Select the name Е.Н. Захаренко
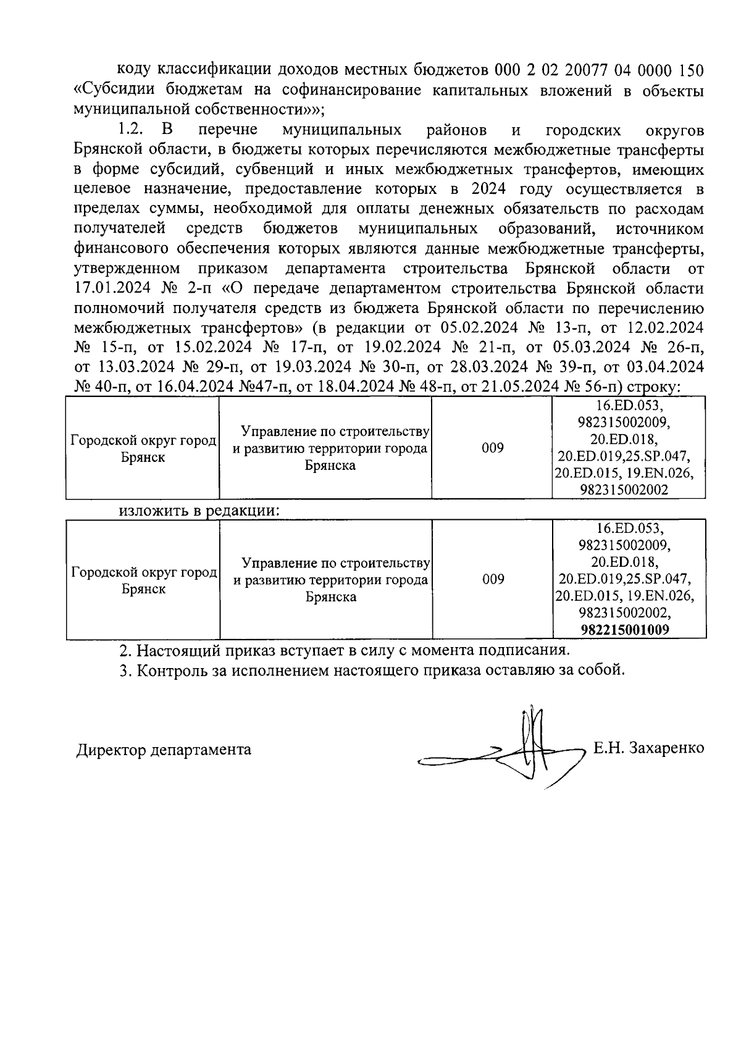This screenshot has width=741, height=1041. [648, 748]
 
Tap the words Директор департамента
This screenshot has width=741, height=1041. [164, 750]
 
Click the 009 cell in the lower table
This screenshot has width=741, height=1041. [493, 579]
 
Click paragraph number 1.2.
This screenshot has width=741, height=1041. [130, 130]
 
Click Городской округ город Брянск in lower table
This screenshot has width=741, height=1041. [144, 580]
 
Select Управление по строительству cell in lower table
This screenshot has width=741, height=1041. [331, 580]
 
